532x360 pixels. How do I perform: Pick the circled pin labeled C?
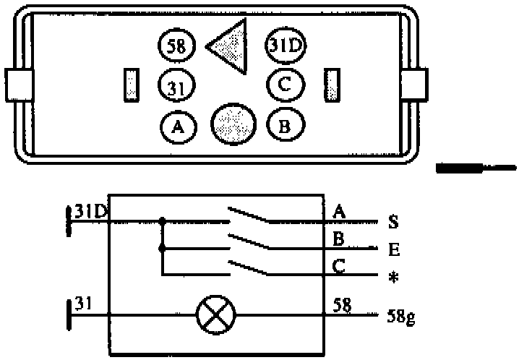coord(284,85)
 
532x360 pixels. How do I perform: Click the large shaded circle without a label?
coord(233,124)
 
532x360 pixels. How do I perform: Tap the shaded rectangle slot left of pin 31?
coord(131,85)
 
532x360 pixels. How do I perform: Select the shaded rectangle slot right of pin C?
coord(332,85)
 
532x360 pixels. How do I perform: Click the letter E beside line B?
coord(393,250)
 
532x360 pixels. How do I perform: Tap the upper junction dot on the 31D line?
coord(162,220)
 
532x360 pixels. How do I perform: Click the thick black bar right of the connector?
coord(463,168)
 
